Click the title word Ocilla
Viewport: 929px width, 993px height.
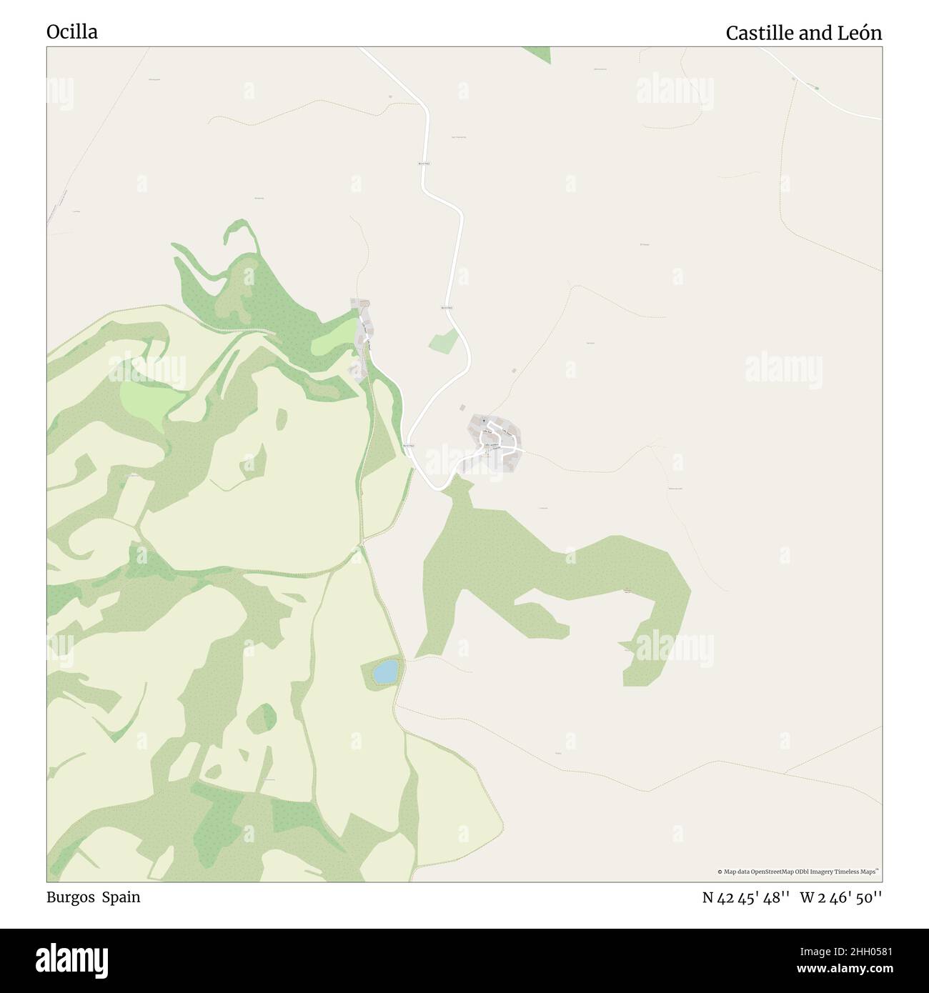coord(72,32)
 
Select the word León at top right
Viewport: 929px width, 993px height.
coord(860,33)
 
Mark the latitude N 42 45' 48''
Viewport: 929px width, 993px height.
coord(746,898)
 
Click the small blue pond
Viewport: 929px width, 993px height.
coord(385,671)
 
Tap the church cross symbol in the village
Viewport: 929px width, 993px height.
coord(484,422)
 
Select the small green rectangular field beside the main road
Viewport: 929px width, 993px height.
coord(443,341)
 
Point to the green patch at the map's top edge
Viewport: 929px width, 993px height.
coord(538,54)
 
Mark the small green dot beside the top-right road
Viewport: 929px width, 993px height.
coord(817,88)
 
